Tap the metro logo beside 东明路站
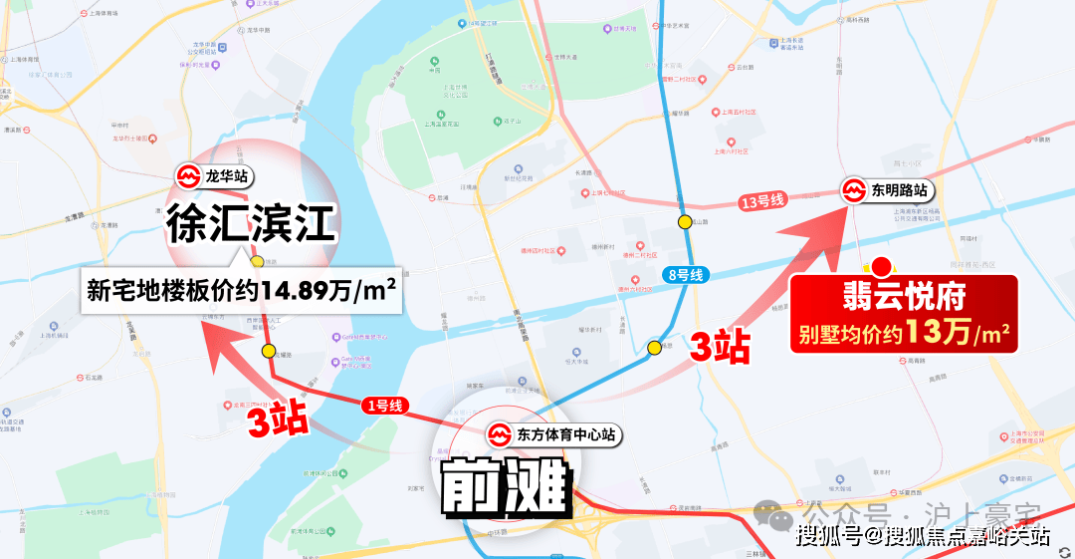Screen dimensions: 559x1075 (854, 189)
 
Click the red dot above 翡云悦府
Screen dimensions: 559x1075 (881, 266)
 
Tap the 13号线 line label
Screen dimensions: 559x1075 (763, 202)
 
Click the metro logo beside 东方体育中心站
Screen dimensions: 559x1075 (498, 435)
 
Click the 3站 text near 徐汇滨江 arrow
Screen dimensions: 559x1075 (277, 419)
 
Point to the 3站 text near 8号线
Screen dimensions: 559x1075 (720, 347)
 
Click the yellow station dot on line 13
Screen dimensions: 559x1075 (685, 221)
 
